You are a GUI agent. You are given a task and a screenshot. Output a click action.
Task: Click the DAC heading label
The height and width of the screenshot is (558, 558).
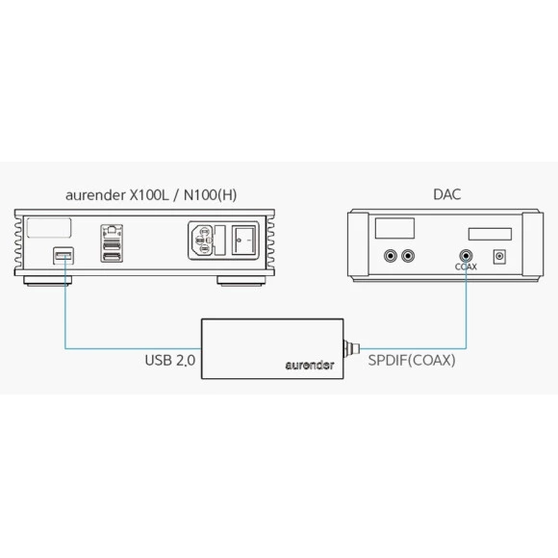(447, 194)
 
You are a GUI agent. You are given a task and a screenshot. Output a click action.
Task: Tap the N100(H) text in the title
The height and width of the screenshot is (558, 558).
(210, 195)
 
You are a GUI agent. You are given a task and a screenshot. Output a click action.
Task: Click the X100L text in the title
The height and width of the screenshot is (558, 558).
(149, 195)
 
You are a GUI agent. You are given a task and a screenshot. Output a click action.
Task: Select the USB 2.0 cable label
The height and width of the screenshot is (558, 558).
(170, 360)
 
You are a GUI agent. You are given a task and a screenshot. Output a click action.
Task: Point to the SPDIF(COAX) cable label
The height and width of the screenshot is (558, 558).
(412, 361)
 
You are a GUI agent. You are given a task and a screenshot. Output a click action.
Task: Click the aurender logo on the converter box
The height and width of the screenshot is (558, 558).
(310, 366)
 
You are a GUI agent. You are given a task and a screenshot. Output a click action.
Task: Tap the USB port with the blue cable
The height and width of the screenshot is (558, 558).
(63, 256)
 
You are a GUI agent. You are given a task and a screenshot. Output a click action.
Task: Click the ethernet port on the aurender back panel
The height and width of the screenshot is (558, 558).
(112, 231)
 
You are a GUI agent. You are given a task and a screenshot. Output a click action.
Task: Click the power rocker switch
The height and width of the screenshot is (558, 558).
(243, 241)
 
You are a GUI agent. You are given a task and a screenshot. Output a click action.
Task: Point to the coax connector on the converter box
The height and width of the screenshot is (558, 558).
(351, 348)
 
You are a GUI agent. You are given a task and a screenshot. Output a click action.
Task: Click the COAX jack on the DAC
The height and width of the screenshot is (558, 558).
(466, 256)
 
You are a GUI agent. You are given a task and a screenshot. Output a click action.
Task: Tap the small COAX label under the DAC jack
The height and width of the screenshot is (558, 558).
(466, 266)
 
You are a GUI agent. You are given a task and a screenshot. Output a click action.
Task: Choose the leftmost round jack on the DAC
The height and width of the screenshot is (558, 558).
(391, 256)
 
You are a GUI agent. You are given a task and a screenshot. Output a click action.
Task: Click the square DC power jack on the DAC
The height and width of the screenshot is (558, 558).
(499, 257)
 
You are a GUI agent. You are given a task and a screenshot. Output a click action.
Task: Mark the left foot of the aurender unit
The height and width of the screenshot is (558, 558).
(48, 281)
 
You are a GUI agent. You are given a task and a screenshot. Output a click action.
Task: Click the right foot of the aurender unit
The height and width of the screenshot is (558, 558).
(241, 281)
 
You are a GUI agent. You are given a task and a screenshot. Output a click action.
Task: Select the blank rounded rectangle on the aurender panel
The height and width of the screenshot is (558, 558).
(49, 228)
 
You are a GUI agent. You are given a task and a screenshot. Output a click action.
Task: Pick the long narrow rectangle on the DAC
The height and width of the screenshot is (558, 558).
(490, 234)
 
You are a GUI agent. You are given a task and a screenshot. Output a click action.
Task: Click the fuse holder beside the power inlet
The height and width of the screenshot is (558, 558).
(220, 241)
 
